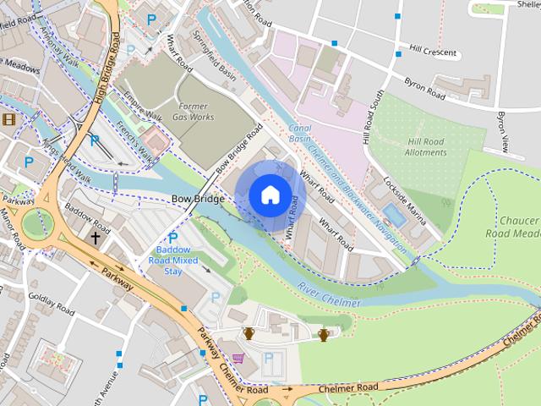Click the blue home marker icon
[x=269, y=195]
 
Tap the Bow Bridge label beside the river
[x=198, y=200]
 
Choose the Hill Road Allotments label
[x=426, y=147]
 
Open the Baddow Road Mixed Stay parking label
[x=173, y=255]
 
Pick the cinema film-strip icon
[x=8, y=119]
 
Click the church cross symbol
[x=95, y=239]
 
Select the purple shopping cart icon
[x=238, y=359]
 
